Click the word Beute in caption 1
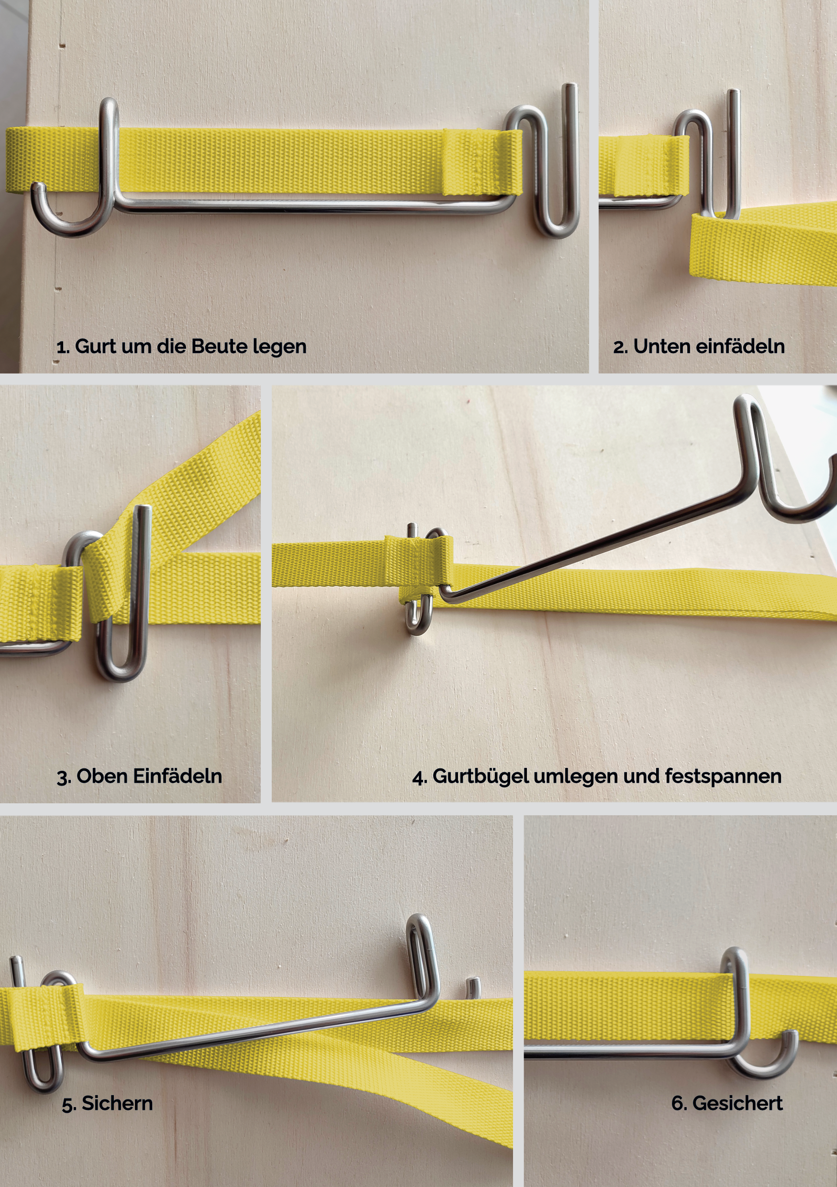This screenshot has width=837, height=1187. (x=219, y=346)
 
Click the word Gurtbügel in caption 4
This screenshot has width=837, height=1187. (x=480, y=777)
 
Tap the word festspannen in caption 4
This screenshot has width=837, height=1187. (x=723, y=777)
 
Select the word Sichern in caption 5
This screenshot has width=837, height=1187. (x=117, y=1103)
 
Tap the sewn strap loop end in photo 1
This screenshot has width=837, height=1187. (x=481, y=162)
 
